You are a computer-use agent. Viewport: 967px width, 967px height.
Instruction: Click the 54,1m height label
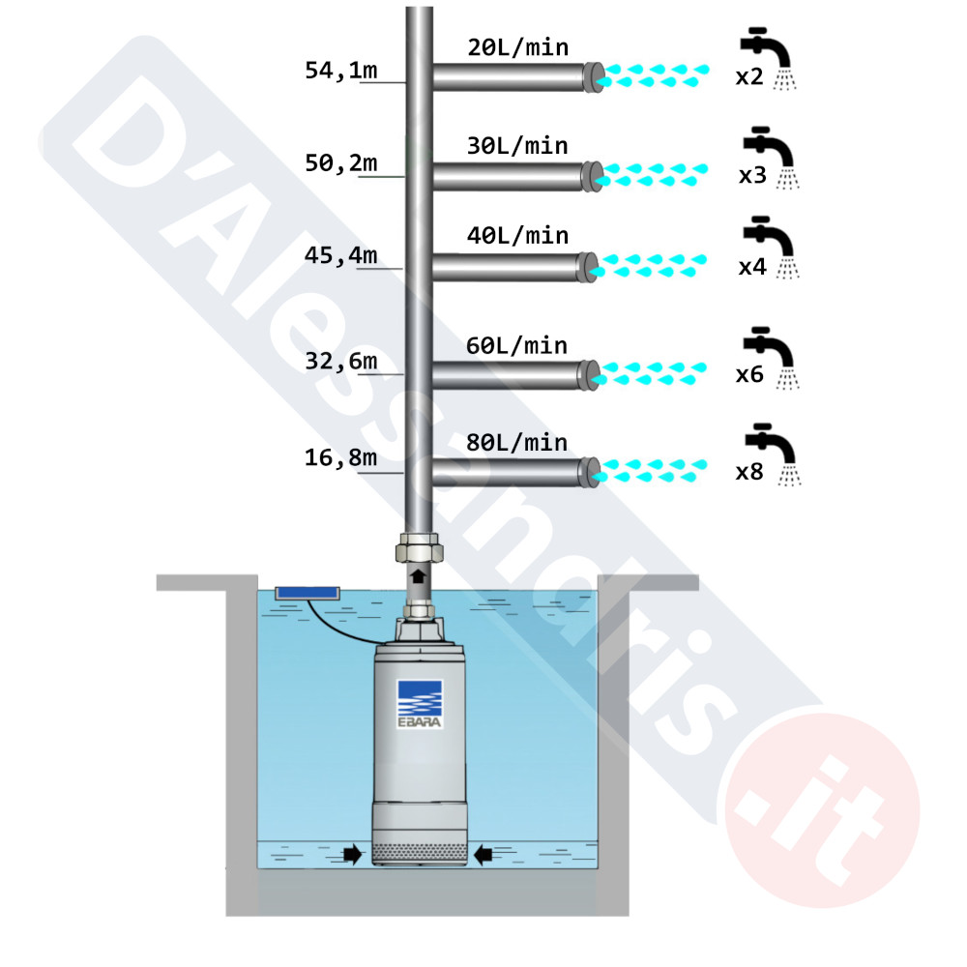[341, 71]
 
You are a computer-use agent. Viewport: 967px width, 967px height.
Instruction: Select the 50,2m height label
[341, 162]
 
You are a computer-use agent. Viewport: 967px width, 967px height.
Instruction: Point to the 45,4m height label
[341, 255]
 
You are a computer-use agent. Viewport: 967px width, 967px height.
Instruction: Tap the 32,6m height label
[341, 361]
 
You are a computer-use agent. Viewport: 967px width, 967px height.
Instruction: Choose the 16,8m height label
[341, 457]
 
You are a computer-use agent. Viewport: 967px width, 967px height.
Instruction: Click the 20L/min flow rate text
[518, 47]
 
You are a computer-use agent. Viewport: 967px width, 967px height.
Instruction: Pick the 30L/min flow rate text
[517, 146]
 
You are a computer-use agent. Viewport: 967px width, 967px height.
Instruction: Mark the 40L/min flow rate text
[517, 235]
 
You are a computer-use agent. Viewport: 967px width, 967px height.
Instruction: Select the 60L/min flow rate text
[516, 345]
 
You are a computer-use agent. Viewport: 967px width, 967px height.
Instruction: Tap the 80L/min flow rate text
[516, 442]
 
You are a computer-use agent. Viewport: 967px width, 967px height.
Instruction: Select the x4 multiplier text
[752, 267]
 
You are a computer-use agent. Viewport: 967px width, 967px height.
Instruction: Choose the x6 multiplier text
[750, 374]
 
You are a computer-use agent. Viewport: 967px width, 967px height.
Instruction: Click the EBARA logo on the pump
[420, 704]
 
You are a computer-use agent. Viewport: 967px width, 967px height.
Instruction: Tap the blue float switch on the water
[308, 594]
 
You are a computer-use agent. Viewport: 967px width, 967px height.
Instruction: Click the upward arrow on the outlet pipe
[418, 576]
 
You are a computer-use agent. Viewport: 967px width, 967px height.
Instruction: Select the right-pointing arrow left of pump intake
[352, 854]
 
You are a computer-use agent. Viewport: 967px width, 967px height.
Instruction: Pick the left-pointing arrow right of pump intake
[483, 854]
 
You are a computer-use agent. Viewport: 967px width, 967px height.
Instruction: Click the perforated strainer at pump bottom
[420, 854]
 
